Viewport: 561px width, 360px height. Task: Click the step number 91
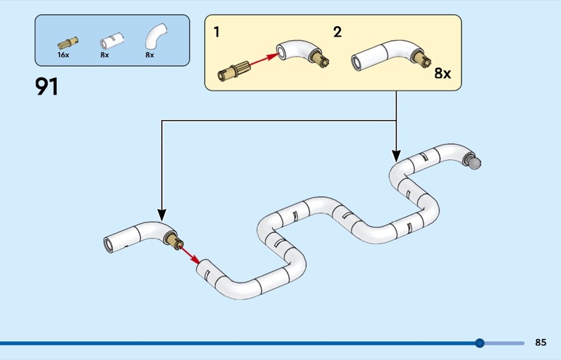point(47,87)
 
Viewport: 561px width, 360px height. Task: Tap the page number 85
point(540,342)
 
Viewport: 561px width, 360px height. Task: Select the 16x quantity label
point(63,55)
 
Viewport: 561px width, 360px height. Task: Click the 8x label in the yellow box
point(442,73)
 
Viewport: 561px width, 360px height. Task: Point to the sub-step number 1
point(217,32)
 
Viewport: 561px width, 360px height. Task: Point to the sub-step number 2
point(337,32)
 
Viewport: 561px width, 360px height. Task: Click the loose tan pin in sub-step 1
point(232,69)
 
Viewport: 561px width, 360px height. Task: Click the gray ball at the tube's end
point(475,164)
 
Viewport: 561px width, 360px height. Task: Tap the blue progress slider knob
point(480,343)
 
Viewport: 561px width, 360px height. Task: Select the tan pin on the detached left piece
point(174,243)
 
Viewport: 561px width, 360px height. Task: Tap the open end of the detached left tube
point(109,244)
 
